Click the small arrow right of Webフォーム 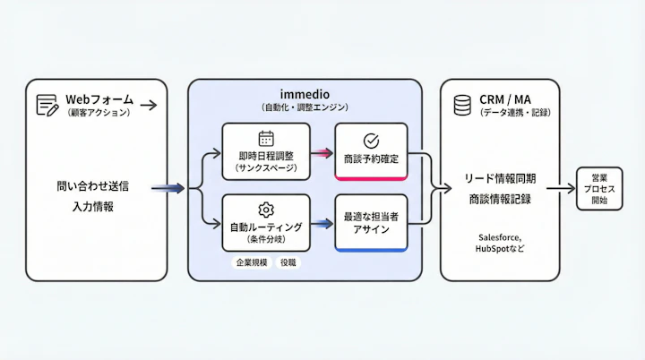[x=149, y=105]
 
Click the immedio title [x=305, y=93]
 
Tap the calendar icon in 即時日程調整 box [x=266, y=138]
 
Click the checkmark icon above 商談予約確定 [x=371, y=141]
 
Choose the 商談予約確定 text [x=371, y=159]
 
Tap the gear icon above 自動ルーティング [x=266, y=209]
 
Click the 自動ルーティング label [x=266, y=227]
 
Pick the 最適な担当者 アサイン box [x=371, y=222]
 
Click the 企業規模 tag [x=251, y=263]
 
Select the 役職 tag [x=288, y=263]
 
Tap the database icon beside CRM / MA [x=461, y=105]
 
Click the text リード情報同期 [x=500, y=179]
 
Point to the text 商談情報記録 [x=500, y=199]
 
